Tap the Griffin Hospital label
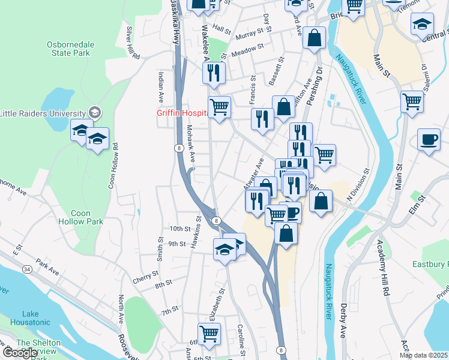(x=182, y=112)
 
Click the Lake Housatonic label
(x=30, y=318)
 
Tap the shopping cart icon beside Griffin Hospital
(x=220, y=108)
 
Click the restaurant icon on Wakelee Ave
(x=214, y=73)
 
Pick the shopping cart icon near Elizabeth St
(x=209, y=334)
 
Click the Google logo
(x=19, y=353)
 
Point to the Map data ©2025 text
(x=423, y=355)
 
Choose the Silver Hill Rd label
(x=133, y=42)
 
